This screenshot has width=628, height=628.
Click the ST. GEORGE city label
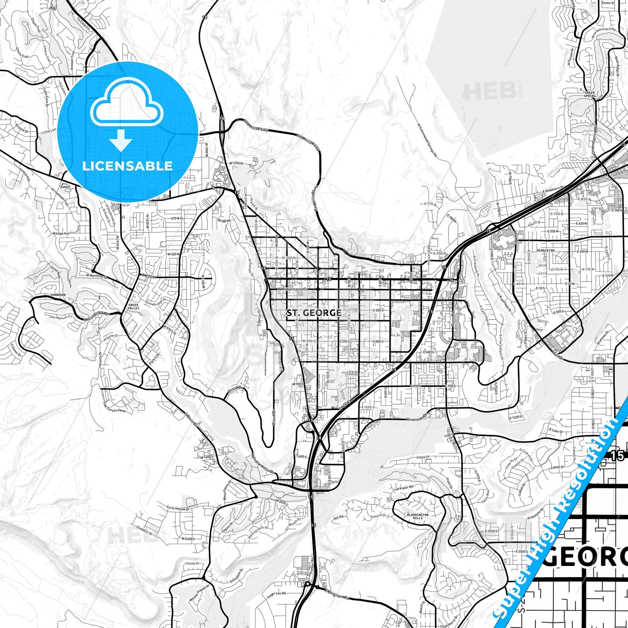click(x=314, y=313)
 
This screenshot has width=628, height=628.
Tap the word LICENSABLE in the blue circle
click(x=127, y=166)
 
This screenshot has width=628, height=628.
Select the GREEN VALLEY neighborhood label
click(x=133, y=306)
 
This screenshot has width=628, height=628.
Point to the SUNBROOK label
click(x=58, y=295)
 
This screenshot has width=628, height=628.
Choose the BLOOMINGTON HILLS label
click(x=418, y=516)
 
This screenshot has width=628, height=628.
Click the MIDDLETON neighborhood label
click(x=545, y=251)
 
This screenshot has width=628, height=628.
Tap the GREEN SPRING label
click(x=590, y=94)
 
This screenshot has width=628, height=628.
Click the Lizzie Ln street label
click(x=423, y=457)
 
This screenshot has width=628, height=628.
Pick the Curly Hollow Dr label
click(x=178, y=508)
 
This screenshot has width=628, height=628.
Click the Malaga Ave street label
click(x=61, y=233)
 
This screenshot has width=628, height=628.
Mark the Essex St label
click(x=608, y=3)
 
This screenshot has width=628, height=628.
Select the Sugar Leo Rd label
click(x=276, y=594)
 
